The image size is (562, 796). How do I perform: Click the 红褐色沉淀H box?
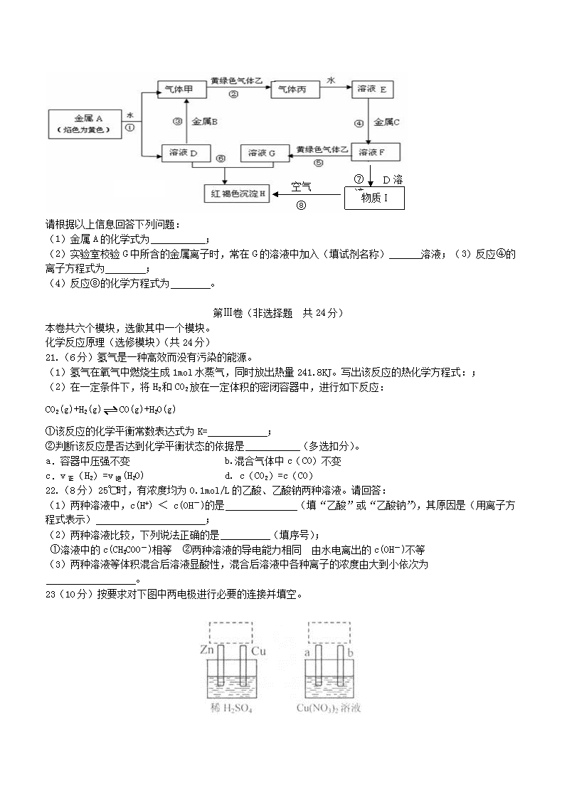(237, 193)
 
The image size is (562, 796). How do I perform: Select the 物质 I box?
(374, 198)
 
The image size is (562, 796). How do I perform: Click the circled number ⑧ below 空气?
(301, 206)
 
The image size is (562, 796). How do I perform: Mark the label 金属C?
(387, 122)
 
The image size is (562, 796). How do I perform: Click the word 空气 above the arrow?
(302, 187)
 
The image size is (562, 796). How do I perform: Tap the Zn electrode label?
(208, 650)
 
